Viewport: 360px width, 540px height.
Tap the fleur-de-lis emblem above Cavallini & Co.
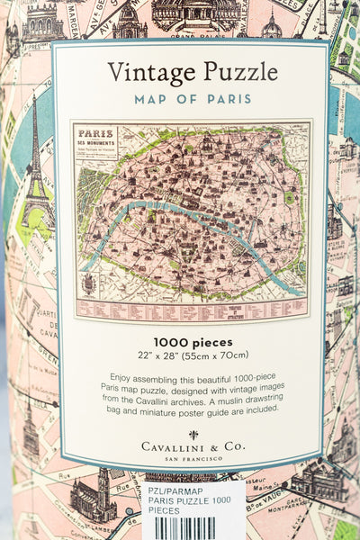click(193, 434)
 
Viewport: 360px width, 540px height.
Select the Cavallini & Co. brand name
click(193, 446)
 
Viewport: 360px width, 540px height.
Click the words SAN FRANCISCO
click(193, 458)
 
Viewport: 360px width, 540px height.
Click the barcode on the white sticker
click(184, 528)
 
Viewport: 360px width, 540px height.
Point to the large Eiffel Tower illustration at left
click(36, 171)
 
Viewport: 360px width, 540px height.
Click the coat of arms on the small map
click(88, 283)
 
